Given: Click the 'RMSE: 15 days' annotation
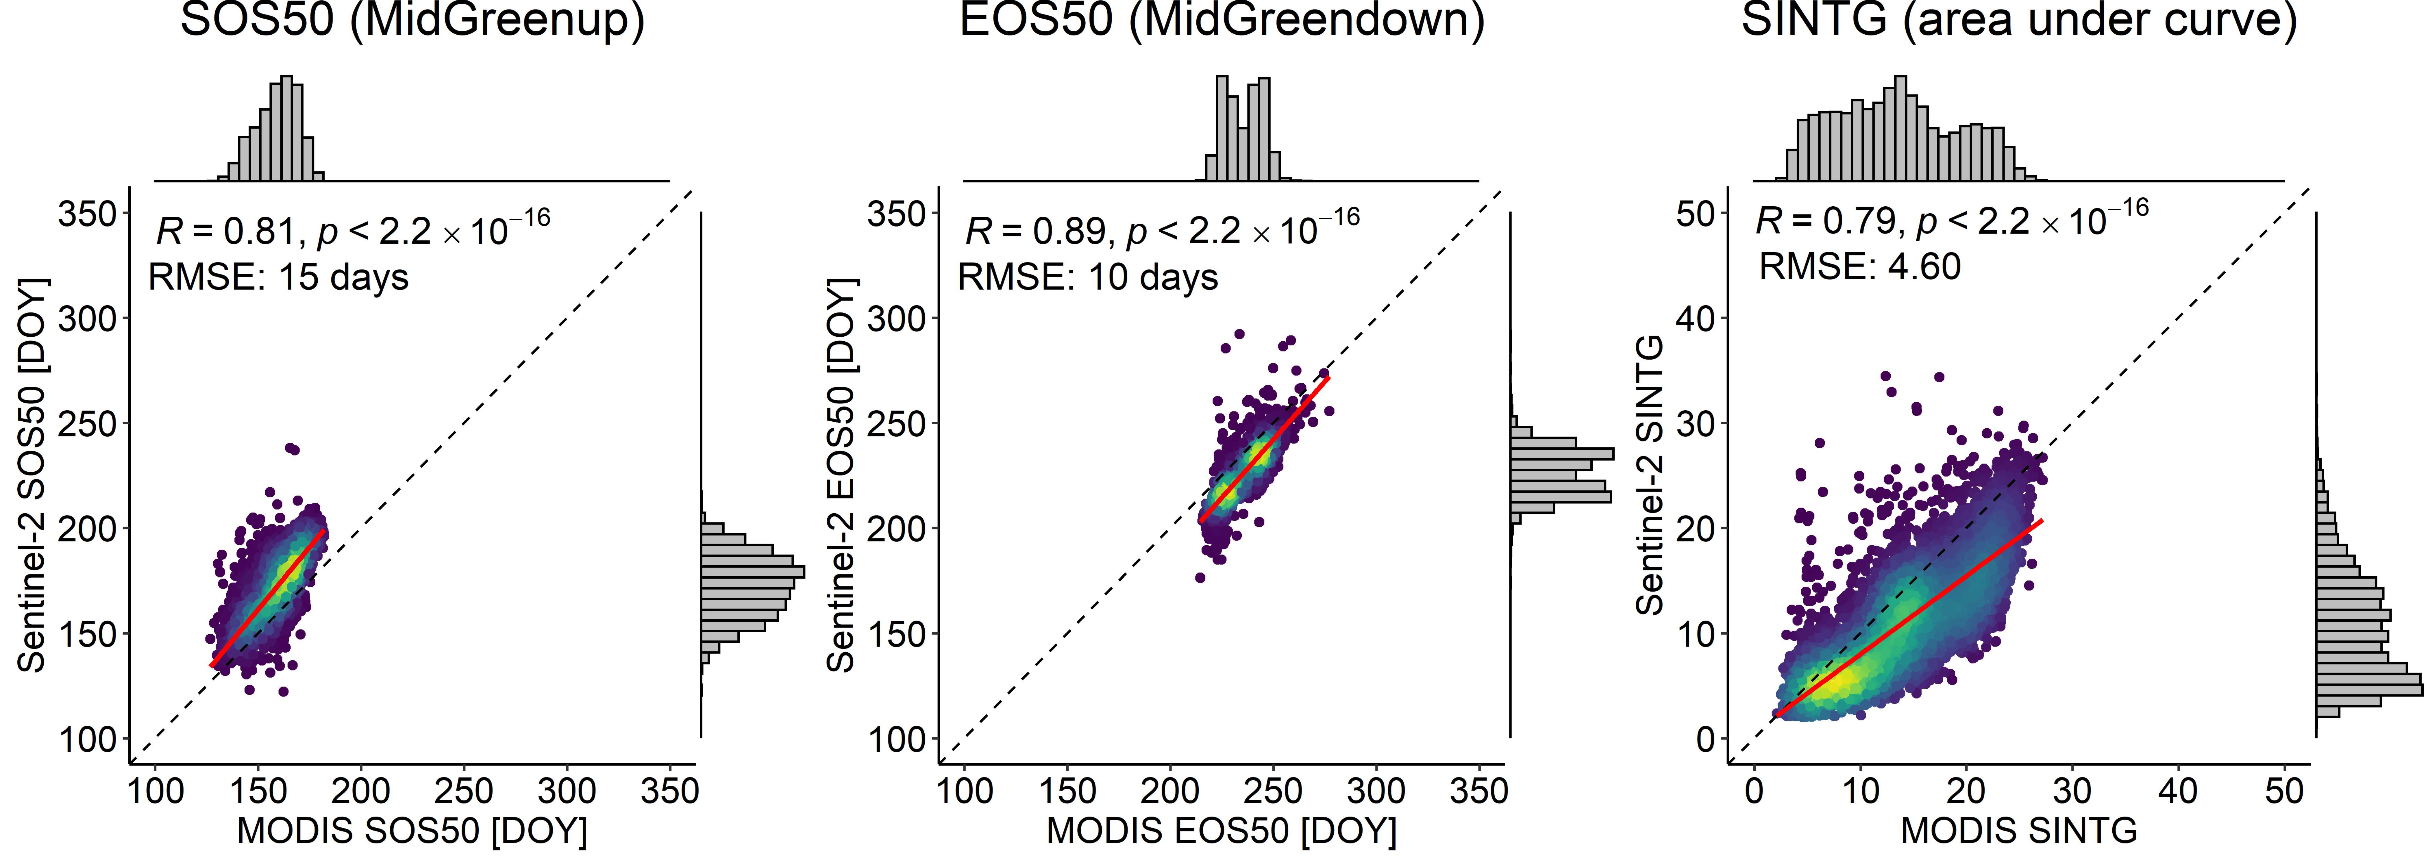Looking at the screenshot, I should [279, 277].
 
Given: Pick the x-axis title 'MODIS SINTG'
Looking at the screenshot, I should [2019, 831].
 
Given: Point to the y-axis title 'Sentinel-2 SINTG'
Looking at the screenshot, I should [1650, 476].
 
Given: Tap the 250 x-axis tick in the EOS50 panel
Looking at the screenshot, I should [1273, 791].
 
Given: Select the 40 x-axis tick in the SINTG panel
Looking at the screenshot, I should [2178, 791].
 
